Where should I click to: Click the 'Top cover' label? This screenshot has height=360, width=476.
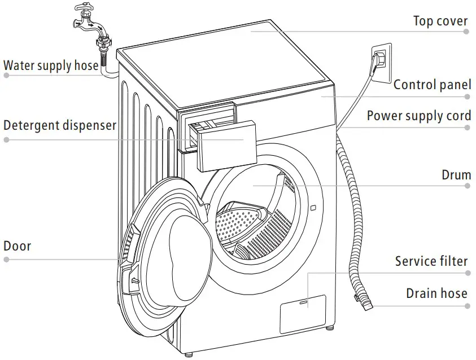click(440, 21)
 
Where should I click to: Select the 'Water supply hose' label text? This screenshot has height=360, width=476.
click(51, 65)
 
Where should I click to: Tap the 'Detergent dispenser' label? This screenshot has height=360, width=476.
click(60, 125)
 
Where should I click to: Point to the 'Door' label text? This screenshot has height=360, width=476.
click(18, 246)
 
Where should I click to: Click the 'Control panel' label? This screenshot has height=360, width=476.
click(432, 85)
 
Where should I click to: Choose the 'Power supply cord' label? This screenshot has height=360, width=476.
click(418, 116)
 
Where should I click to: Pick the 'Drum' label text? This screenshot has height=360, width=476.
click(456, 175)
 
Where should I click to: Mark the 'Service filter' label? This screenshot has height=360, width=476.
click(431, 261)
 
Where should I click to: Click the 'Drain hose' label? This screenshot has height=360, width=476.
click(436, 293)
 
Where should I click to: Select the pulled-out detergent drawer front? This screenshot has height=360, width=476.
click(221, 147)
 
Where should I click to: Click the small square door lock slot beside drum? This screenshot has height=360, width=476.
click(312, 208)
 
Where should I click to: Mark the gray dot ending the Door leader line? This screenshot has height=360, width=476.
click(6, 260)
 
